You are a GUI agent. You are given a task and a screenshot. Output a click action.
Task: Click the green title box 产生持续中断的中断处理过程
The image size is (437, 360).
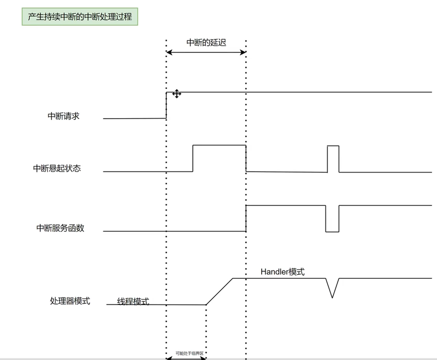tap(80, 16)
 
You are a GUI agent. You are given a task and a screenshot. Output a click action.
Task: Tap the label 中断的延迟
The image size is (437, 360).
tap(206, 42)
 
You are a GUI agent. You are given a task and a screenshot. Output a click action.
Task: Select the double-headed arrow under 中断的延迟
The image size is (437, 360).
tap(206, 52)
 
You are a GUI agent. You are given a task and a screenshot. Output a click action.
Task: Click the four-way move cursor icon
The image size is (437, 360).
tap(176, 93)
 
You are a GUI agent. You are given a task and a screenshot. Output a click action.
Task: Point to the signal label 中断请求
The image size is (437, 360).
tap(64, 116)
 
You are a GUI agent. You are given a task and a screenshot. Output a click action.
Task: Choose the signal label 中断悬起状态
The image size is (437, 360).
tap(57, 168)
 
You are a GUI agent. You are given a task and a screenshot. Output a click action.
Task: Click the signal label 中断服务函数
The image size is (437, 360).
tap(60, 228)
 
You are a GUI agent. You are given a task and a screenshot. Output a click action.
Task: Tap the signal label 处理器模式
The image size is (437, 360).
tap(70, 301)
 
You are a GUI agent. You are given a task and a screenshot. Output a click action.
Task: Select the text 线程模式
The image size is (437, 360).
tap(133, 301)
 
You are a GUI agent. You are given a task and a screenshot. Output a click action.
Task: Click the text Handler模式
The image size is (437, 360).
tap(282, 272)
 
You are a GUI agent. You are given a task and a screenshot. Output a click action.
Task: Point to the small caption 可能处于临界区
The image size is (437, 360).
tap(189, 353)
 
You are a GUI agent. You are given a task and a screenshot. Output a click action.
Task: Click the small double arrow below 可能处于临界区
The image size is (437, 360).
tap(186, 358)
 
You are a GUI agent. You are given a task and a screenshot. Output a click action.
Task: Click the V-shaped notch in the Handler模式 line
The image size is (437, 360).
tap(332, 288)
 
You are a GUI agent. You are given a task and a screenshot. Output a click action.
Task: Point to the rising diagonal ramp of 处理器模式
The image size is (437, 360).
tap(220, 291)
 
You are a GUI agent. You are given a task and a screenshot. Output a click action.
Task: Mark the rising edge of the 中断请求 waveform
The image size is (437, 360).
tap(166, 105)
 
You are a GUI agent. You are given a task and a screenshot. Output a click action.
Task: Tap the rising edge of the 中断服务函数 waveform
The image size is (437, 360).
tap(246, 218)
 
